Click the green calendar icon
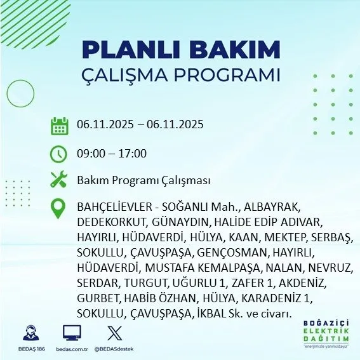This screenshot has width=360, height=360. [59, 126]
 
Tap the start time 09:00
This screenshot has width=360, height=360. [91, 154]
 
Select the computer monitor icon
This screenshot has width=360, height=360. [72, 333]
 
